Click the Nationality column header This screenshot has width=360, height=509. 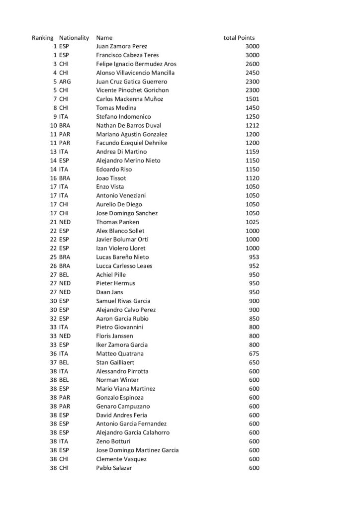click(x=74, y=38)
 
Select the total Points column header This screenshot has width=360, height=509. click(x=239, y=38)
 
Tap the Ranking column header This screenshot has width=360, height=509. click(x=42, y=38)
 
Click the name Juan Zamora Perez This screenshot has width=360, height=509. click(x=121, y=46)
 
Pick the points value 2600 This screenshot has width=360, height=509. click(x=253, y=64)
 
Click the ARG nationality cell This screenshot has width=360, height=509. click(x=65, y=82)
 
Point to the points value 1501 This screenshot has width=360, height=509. click(x=253, y=99)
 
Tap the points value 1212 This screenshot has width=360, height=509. click(x=253, y=125)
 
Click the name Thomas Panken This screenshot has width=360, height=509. click(x=117, y=222)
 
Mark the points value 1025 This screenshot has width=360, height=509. click(x=253, y=222)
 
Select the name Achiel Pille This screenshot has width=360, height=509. click(x=111, y=274)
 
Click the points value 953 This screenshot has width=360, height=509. click(x=254, y=257)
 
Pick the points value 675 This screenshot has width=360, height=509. click(x=254, y=353)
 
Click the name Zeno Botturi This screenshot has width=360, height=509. click(x=112, y=441)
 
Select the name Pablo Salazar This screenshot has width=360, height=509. click(x=114, y=468)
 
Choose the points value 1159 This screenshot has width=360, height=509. click(x=253, y=152)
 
